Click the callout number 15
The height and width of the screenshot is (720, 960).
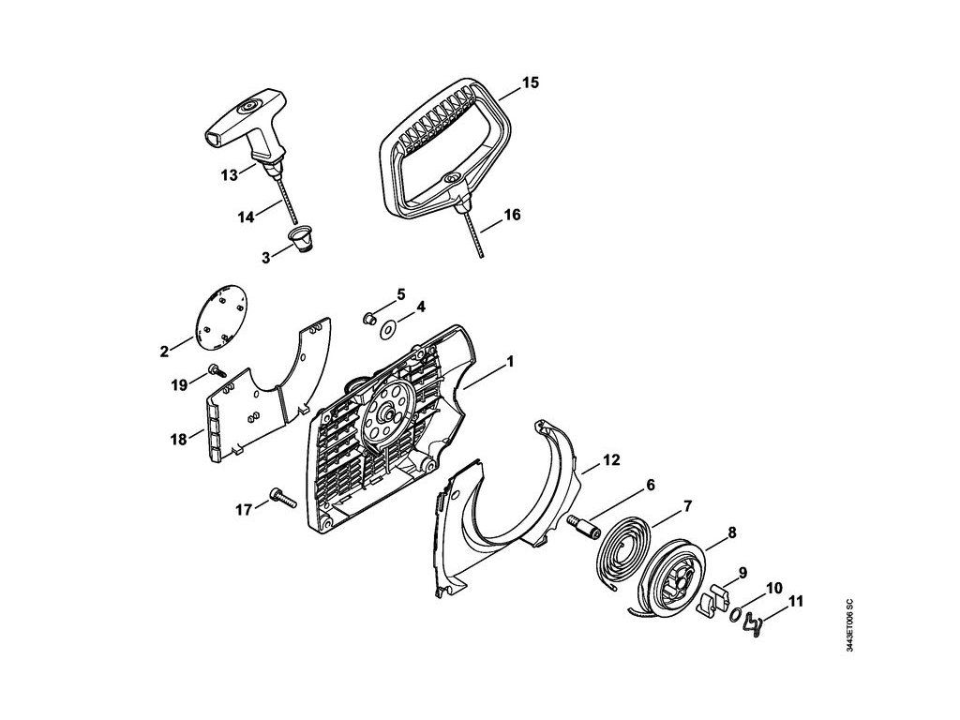[530, 83]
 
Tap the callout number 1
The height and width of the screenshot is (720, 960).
[511, 360]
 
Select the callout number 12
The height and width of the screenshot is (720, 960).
[611, 460]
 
